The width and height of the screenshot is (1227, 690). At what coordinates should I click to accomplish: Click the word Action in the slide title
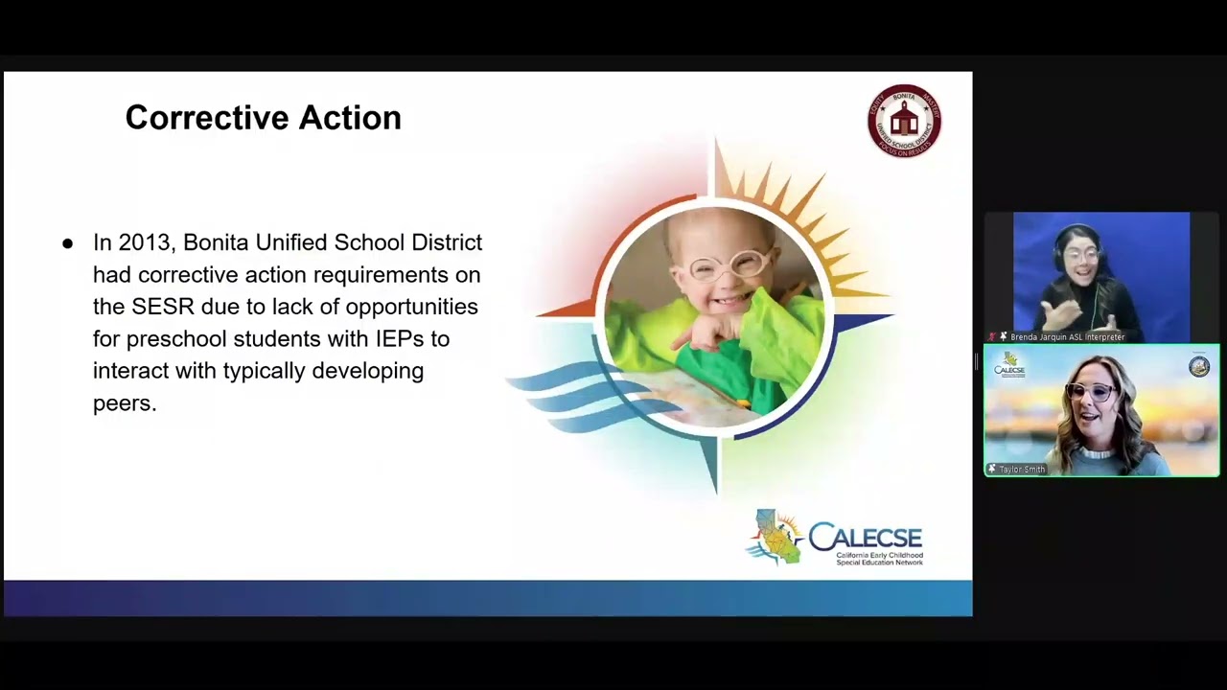pos(350,118)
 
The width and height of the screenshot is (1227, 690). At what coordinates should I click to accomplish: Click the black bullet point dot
pos(67,243)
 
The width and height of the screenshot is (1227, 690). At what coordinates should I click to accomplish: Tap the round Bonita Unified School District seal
pos(904,120)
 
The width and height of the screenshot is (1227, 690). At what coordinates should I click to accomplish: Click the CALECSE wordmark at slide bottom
pos(865,537)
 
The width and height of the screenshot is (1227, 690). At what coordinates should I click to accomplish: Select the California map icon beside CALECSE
pos(775,537)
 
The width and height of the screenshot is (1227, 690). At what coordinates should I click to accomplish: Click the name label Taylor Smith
pos(1022,470)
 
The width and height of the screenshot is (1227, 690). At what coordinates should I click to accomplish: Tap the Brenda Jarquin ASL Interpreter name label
pos(1067,337)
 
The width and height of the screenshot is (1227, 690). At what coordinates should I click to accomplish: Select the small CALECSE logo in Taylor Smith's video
pos(1009,365)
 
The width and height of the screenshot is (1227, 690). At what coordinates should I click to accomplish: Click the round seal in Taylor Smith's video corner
pos(1199,366)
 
